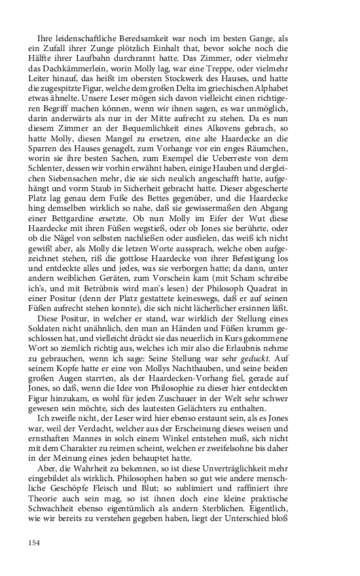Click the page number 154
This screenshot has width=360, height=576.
[x=35, y=542]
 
